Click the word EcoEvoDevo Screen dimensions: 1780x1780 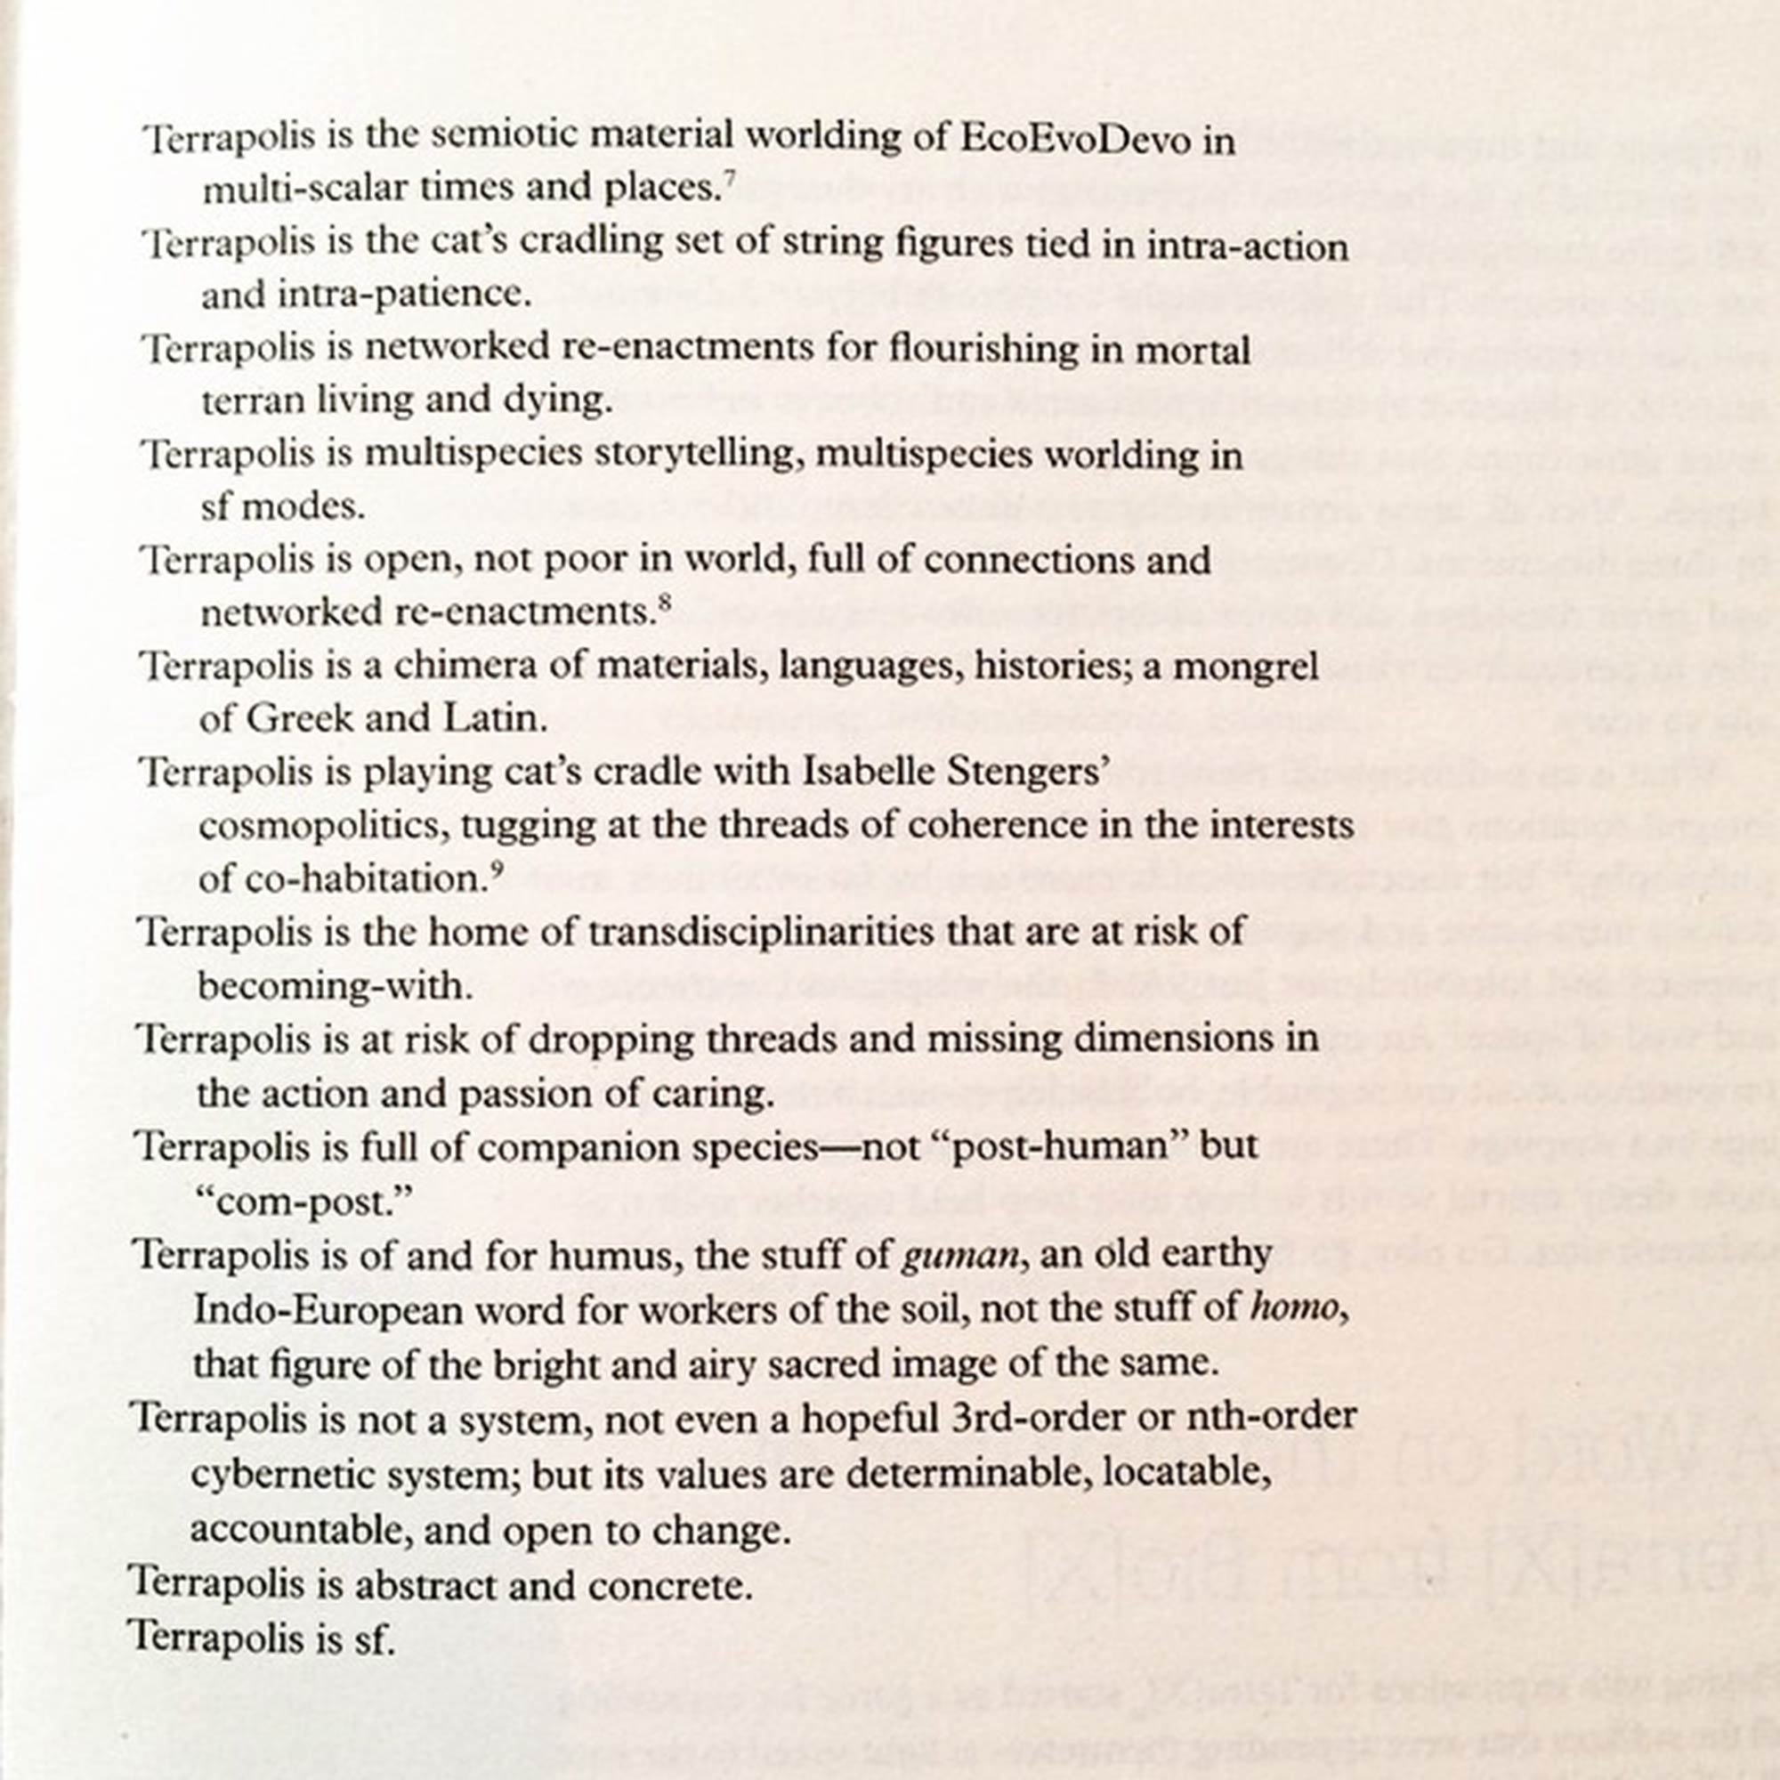click(x=1082, y=139)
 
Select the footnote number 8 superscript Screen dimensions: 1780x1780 click(x=664, y=603)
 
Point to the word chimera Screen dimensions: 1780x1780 click(x=465, y=665)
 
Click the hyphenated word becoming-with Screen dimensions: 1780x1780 click(x=335, y=987)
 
